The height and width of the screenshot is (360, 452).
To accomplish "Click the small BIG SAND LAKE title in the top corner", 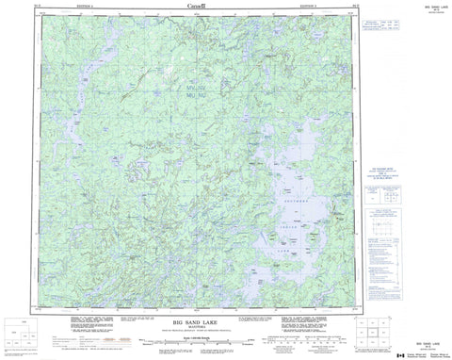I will [x=421, y=6].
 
